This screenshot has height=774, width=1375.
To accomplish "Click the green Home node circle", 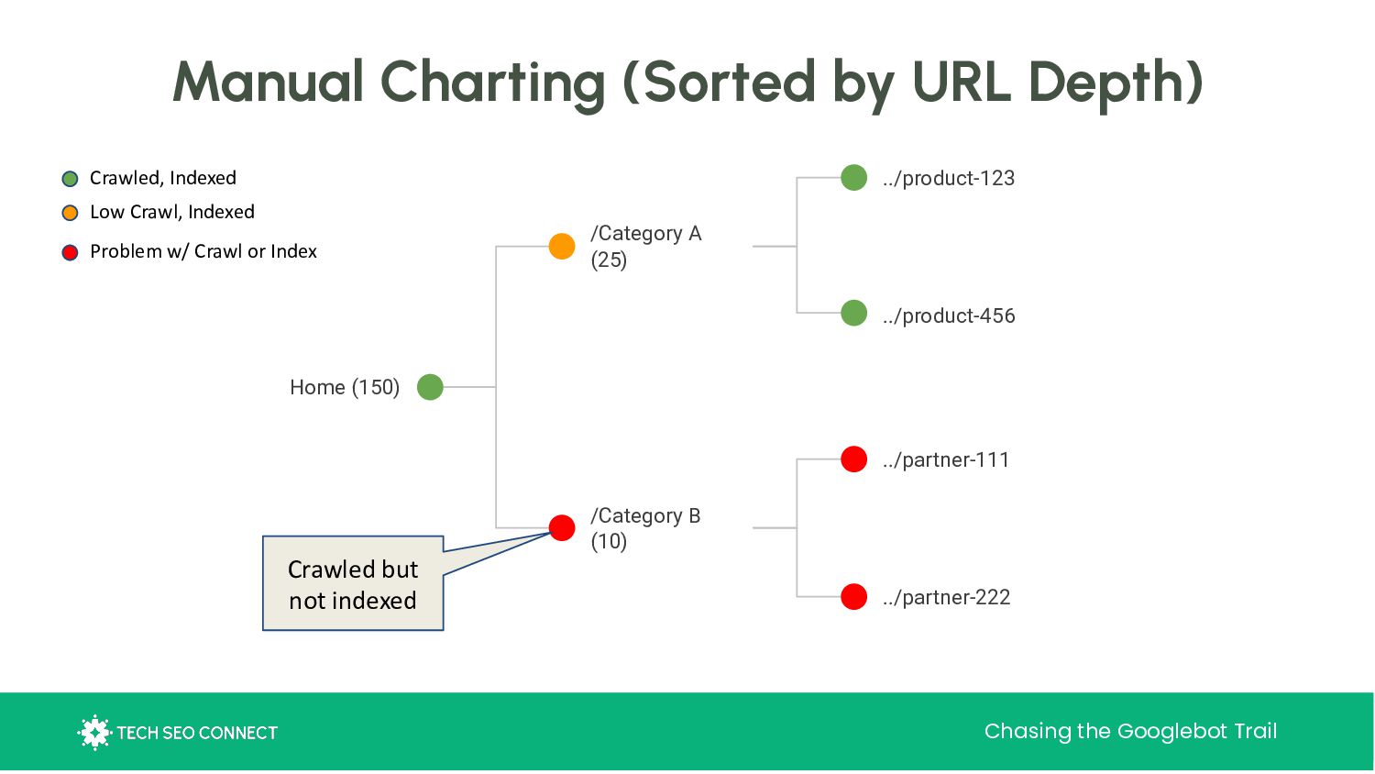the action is pos(430,387).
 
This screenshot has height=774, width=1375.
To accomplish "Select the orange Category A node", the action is pos(562,247).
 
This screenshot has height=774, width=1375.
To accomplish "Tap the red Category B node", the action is pos(562,527).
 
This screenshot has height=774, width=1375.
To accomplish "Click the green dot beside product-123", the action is pos(853,178).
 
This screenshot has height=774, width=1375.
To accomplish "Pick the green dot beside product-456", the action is pos(853,313).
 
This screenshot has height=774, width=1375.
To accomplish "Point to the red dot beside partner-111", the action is pos(853,459).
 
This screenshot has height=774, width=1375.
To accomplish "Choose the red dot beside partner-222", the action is pos(853,596).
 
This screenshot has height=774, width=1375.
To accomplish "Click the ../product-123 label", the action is pos(949,178).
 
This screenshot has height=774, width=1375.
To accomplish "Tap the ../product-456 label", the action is pos(949,315).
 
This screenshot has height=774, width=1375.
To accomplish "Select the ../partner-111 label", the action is pos(946,460).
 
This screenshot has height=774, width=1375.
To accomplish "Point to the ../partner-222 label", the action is pos(947,597).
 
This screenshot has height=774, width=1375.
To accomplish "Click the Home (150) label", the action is pos(345,388).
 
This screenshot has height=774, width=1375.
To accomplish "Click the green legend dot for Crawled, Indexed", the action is pos(70,179).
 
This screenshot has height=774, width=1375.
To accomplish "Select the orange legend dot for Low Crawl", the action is pos(70,213).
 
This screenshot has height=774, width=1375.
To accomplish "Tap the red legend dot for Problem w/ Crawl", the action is pos(70,252).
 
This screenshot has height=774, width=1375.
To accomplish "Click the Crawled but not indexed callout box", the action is pos(353,583).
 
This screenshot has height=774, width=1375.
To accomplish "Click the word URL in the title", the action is pos(962,82).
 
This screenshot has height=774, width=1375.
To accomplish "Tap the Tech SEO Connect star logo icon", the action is pos(94,732).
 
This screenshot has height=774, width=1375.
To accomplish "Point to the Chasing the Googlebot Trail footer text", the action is pos(1130,731).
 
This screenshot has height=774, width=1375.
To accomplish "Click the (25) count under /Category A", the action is pos(609,260).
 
